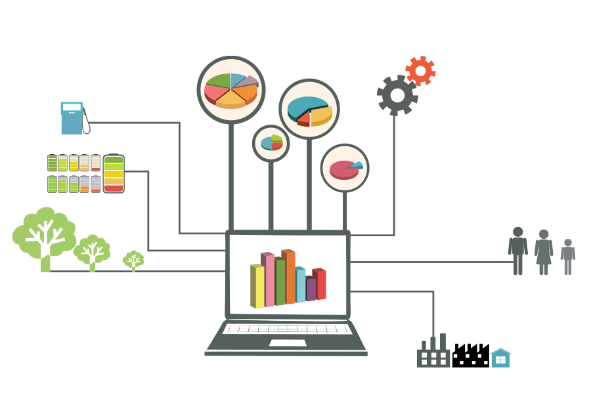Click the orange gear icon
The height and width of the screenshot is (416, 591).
click(x=420, y=71)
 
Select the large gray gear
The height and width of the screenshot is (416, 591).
click(x=397, y=95)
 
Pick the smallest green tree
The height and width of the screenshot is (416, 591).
click(x=133, y=260)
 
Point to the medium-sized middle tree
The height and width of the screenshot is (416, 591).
click(x=92, y=251)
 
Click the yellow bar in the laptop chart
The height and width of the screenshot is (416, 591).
click(x=257, y=285)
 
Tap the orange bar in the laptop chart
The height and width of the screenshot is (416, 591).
click(x=289, y=276)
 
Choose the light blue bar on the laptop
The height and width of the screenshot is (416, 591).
click(x=300, y=285)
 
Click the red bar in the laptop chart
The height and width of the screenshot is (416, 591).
click(x=320, y=284)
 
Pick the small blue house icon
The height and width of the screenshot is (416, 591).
click(x=500, y=358)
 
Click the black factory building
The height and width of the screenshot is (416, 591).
click(x=470, y=356)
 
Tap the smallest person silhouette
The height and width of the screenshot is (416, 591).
click(x=568, y=257)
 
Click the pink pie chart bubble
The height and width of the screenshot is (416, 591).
click(x=345, y=168)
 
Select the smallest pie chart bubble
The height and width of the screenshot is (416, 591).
click(x=271, y=143)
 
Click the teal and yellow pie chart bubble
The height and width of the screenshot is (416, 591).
click(x=309, y=110)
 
